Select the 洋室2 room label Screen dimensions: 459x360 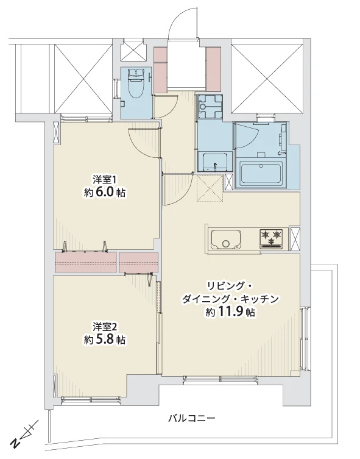click(x=104, y=326)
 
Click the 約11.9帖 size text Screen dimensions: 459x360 click(x=230, y=311)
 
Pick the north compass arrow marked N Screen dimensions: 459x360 click(x=23, y=435)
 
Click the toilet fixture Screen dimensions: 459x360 click(x=136, y=85)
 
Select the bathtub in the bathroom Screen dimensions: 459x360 click(x=261, y=174)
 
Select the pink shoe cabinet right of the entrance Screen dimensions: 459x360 click(x=214, y=68)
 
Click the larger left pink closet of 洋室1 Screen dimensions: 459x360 click(x=85, y=262)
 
